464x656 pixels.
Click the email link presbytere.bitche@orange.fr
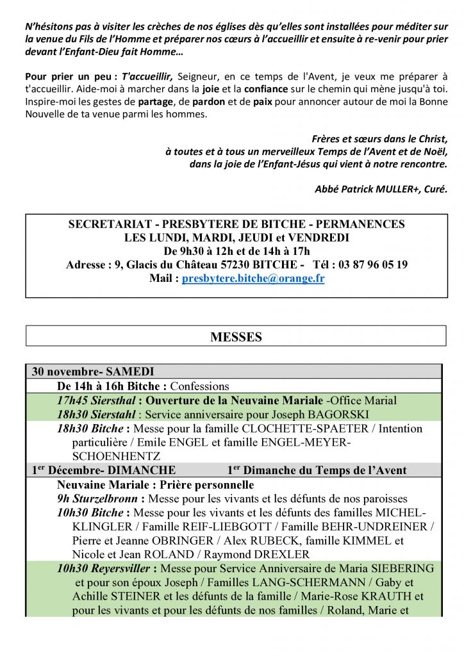(253, 279)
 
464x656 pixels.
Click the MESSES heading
(236, 337)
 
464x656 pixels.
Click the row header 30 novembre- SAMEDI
(93, 372)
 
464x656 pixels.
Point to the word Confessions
(199, 386)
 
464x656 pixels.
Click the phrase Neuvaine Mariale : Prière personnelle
(155, 485)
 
